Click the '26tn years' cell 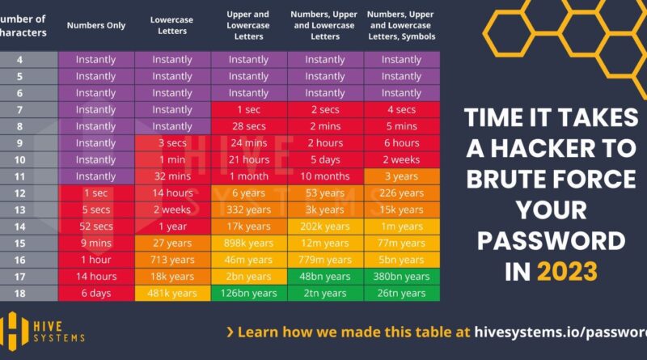402,293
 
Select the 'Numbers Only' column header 96,24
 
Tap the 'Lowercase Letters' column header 172,24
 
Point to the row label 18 20,293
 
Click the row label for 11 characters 20,176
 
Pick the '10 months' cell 325,176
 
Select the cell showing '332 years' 248,210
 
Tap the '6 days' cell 96,293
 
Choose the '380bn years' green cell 402,276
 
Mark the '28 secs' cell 248,126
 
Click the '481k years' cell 172,293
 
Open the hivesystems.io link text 565,332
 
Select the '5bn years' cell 402,260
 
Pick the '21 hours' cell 248,159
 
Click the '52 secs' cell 96,227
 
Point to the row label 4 20,60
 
